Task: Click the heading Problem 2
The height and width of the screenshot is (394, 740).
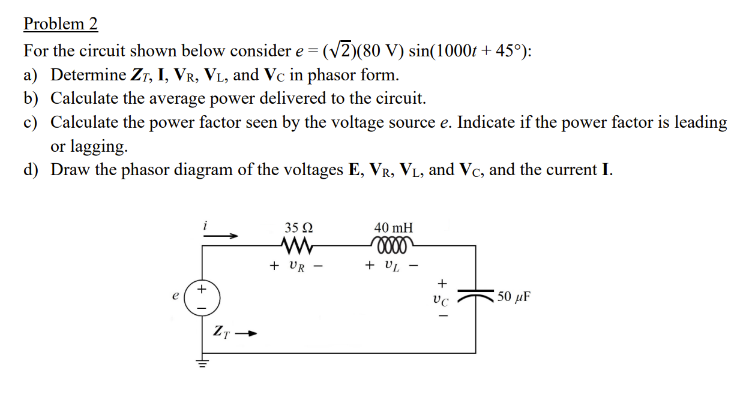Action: [60, 24]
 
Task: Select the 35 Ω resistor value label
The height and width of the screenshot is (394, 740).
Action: [298, 228]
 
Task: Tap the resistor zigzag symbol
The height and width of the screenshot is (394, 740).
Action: [296, 245]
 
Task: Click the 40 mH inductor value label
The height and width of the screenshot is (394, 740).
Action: [393, 228]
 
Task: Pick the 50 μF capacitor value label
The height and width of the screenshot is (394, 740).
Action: [514, 297]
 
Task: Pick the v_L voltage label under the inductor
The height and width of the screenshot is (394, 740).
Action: [392, 266]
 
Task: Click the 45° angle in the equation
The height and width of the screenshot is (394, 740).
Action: [512, 51]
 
